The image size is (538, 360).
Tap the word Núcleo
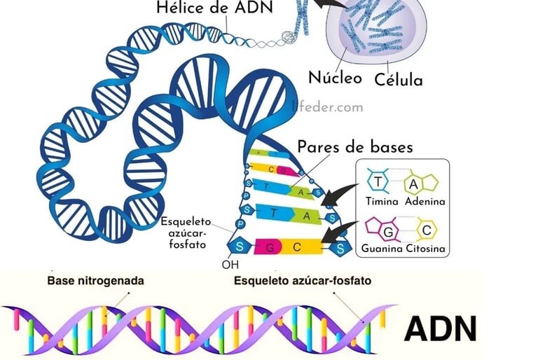pos(335,76)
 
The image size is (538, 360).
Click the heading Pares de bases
pos(355,148)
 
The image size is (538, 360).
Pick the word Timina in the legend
pos(382,202)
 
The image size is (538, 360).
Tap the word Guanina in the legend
pos(382,249)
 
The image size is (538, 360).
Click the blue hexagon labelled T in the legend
pos(378,182)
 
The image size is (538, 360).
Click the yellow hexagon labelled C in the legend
pos(426,229)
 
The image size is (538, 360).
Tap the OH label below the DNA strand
pos(230,266)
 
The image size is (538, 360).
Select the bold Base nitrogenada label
pos(95,281)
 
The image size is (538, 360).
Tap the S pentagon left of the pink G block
pos(239,247)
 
